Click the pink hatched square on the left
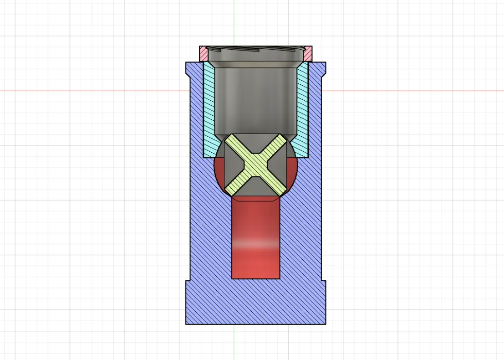click(204, 54)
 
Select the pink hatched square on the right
click(308, 54)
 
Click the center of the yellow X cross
click(256, 165)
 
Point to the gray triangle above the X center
click(256, 145)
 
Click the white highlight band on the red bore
click(255, 244)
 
